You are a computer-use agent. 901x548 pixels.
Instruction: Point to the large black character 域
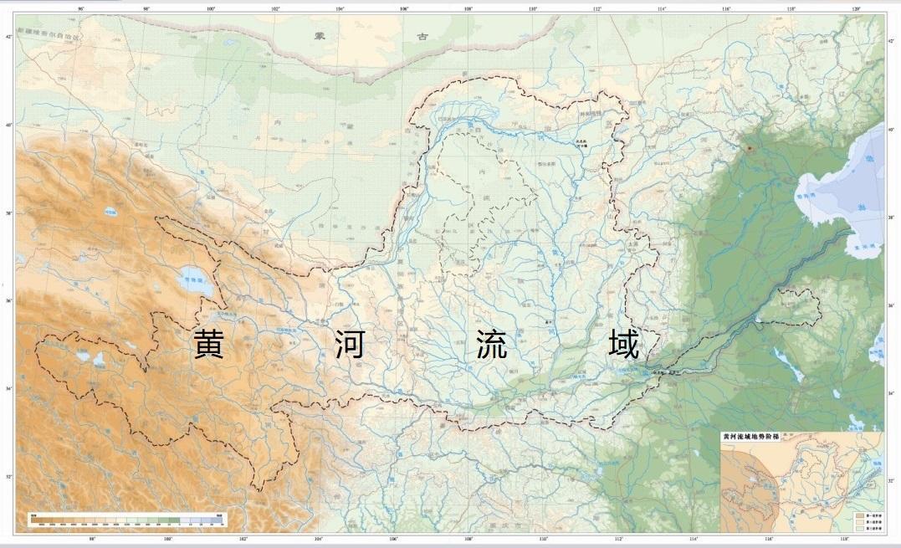coord(624,344)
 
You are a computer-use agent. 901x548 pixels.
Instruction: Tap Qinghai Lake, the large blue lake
coord(196,281)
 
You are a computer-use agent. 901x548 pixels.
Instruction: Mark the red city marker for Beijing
coord(750,148)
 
